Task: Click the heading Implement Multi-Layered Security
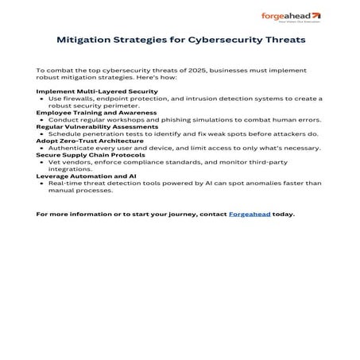click(x=97, y=91)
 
